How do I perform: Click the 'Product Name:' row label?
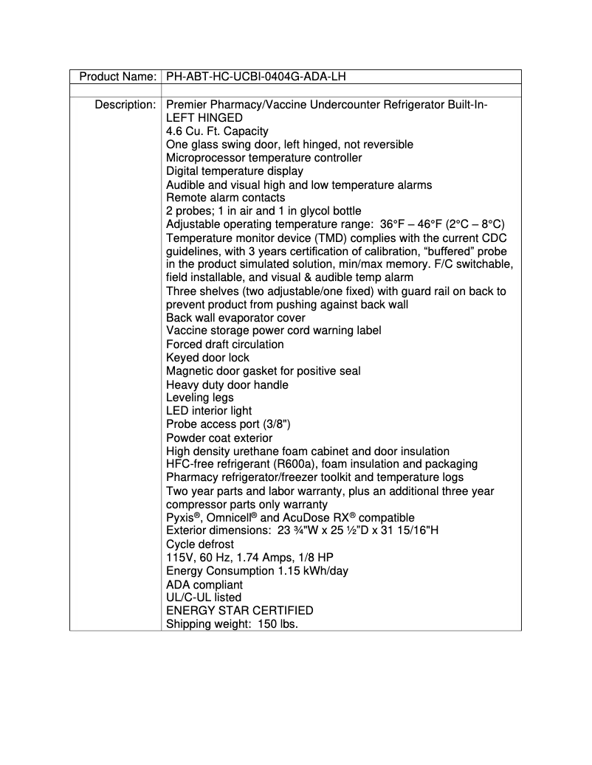[117, 77]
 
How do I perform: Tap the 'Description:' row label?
[125, 105]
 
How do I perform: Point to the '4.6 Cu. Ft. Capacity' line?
[217, 131]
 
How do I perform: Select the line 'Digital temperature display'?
[234, 171]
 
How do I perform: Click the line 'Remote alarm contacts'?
[225, 198]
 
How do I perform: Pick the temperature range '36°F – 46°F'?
[412, 224]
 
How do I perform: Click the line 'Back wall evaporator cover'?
[235, 318]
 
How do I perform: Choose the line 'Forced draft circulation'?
[224, 345]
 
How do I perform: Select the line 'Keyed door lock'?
[207, 358]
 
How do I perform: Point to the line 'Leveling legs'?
[199, 398]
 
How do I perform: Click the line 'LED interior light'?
[209, 411]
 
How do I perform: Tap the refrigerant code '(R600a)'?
[295, 464]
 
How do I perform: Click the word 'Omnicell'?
[233, 518]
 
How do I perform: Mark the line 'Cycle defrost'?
[200, 544]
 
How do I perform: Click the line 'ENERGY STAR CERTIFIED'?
[239, 611]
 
